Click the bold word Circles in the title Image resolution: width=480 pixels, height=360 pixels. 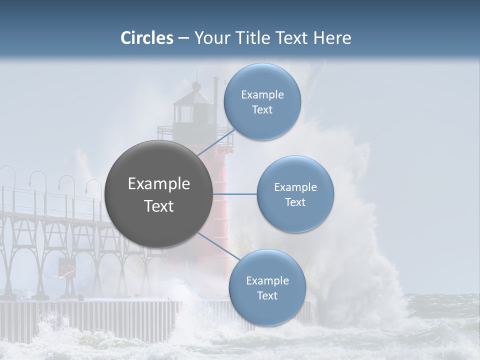[147, 38]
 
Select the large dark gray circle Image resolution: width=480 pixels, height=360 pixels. [158, 194]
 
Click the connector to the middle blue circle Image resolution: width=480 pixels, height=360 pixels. [234, 194]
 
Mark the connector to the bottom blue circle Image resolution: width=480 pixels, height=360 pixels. [220, 247]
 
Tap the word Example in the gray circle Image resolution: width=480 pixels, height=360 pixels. [159, 184]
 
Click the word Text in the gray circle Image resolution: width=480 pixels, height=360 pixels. [159, 206]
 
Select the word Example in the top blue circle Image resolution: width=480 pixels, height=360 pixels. [262, 95]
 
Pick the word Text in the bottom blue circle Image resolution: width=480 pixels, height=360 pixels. [267, 296]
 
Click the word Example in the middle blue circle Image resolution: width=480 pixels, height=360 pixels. [295, 187]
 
